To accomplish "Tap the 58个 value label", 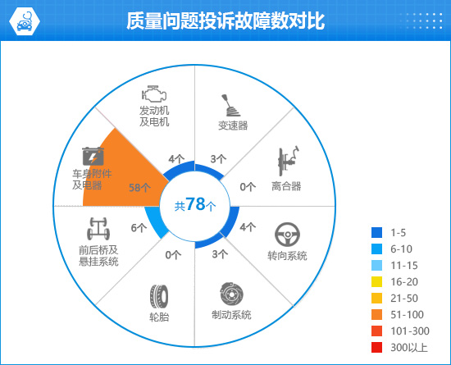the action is pos(139,188).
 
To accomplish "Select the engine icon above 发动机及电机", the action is pos(154,94).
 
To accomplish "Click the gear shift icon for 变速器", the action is pos(230,105).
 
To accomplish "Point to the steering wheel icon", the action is pos(287,235).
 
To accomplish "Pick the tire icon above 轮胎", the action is pos(159,296).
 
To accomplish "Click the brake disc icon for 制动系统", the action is pos(232,294).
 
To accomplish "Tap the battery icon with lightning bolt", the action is pos(93,156).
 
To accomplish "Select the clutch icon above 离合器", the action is pos(288,161).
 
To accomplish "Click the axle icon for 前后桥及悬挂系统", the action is pos(98,229).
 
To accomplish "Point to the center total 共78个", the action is pos(195,205).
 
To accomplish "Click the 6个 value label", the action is pos(139,228).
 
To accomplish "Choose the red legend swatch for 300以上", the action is pos(377,348).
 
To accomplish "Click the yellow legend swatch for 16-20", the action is pos(377,282).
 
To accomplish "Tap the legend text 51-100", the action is pos(407,315).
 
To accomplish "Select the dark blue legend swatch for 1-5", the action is pos(377,232).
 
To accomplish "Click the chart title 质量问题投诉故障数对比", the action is pos(225,21).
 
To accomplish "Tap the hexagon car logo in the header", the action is pos(25,21).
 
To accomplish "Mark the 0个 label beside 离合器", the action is pos(248,187).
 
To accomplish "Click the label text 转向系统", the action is pos(287,255).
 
